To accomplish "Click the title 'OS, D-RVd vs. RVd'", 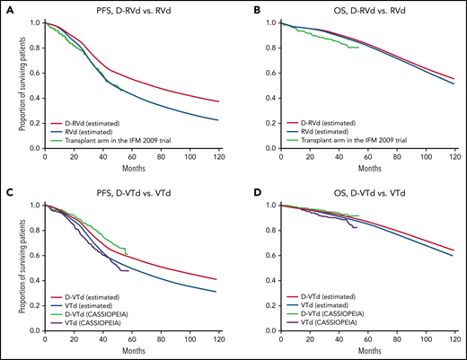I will point(371,9).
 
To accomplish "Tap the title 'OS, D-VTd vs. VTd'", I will point(371,191).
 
